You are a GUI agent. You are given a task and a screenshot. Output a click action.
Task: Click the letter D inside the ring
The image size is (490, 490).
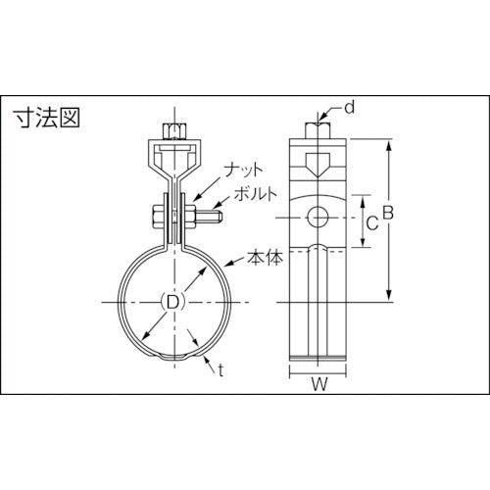tap(172, 302)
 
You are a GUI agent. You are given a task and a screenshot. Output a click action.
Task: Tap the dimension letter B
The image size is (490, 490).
tap(388, 211)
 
